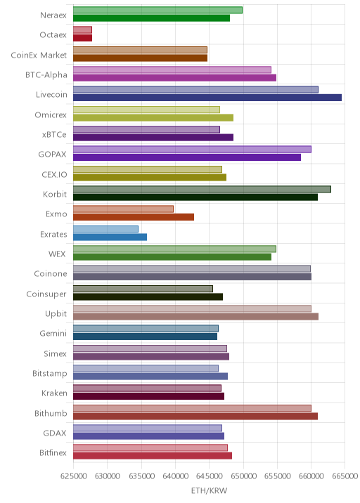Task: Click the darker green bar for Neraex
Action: [x=151, y=18]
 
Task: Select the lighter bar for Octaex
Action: [x=82, y=30]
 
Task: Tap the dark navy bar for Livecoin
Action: [x=207, y=98]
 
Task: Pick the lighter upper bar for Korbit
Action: [x=202, y=189]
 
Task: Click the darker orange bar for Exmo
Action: [x=134, y=217]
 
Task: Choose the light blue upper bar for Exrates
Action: [x=105, y=229]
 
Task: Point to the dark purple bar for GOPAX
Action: [x=187, y=157]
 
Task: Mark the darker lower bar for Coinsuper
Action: [x=148, y=296]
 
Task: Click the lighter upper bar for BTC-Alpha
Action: [x=172, y=70]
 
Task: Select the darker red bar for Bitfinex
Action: [x=153, y=455]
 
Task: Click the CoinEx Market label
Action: [x=39, y=55]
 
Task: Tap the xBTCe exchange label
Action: [x=54, y=135]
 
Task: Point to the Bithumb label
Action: [x=51, y=413]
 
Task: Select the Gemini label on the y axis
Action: [x=53, y=334]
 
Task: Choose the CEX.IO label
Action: [x=54, y=174]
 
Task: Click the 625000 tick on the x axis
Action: [x=73, y=476]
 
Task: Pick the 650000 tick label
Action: [x=243, y=476]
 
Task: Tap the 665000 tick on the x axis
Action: [x=345, y=476]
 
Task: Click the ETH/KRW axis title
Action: [x=209, y=490]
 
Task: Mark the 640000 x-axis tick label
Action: [x=175, y=476]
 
